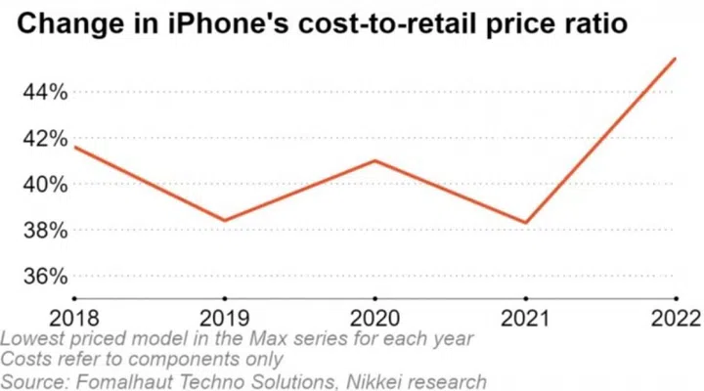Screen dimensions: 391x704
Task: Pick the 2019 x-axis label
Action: click(224, 318)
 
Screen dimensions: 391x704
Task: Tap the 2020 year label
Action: click(374, 318)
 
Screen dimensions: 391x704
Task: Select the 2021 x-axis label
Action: click(525, 318)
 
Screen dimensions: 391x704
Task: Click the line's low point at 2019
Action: click(224, 221)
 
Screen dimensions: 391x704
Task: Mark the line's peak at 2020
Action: click(374, 160)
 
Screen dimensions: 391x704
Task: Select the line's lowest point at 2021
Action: click(525, 223)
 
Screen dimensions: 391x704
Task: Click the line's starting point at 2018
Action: click(74, 147)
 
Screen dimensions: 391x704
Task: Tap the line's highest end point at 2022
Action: click(676, 59)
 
